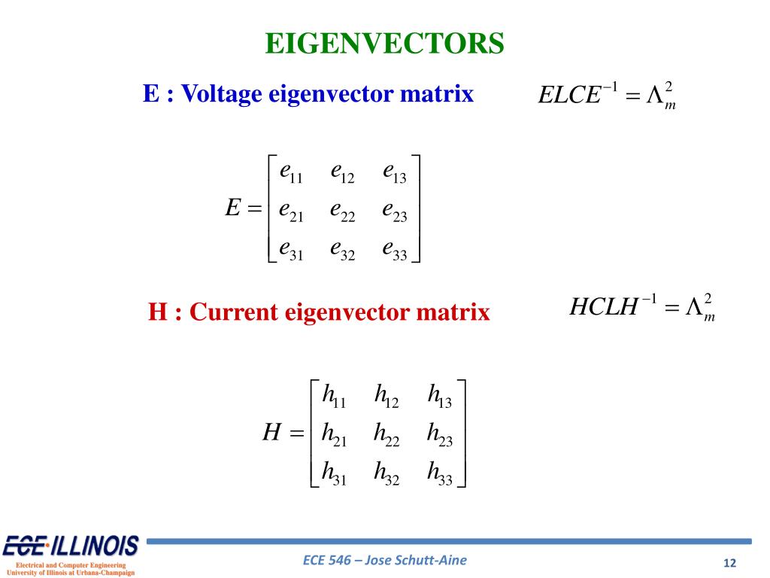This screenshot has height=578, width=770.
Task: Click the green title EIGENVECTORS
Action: [384, 44]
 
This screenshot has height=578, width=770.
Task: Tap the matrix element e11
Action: [290, 173]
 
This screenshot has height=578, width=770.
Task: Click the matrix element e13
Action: [395, 173]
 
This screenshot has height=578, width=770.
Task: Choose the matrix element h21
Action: [333, 434]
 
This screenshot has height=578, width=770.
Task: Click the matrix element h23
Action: [439, 434]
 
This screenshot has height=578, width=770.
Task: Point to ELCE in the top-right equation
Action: [570, 96]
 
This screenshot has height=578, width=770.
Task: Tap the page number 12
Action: [729, 564]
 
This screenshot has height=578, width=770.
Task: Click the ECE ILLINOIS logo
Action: [71, 546]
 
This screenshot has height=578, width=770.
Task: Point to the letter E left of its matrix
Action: [232, 208]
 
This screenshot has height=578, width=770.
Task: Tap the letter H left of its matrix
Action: [271, 433]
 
